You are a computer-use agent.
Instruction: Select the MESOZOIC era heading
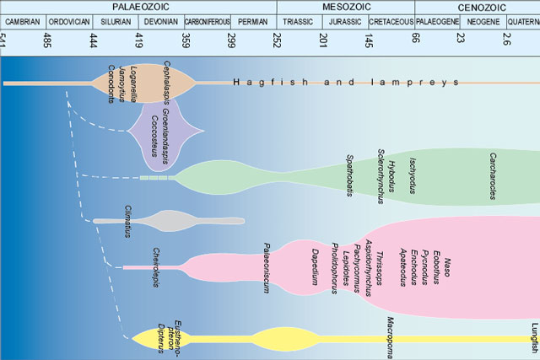(x=345, y=6)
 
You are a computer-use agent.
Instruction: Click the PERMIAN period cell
(x=253, y=22)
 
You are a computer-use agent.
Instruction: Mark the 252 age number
(x=278, y=39)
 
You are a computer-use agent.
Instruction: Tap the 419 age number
(x=139, y=39)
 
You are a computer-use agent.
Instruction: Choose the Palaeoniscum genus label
(x=267, y=266)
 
